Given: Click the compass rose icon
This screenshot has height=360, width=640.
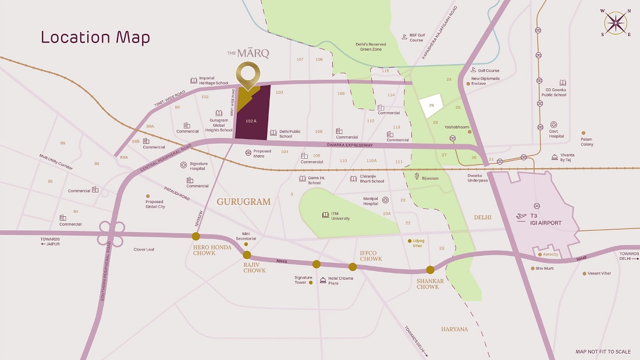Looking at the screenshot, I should point(616,23).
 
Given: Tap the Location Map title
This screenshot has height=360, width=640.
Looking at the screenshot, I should point(95,37).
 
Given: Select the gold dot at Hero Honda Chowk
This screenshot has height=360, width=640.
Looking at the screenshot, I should point(196,236).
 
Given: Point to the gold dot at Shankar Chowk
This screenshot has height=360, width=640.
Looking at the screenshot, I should point(430,269).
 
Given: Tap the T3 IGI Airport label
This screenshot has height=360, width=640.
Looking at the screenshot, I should point(546,219).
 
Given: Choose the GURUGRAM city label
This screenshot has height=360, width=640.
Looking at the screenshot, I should point(244,202).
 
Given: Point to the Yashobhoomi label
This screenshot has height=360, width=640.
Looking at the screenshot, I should point(456,126).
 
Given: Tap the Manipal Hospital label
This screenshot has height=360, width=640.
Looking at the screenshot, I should point(371,201).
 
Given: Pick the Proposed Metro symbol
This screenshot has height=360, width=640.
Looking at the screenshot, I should point(248,152).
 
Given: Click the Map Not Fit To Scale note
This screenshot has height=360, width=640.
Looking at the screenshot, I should point(603,352).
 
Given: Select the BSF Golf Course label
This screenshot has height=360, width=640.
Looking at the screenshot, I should point(416,38).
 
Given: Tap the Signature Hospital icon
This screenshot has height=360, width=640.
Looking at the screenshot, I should point(183,165).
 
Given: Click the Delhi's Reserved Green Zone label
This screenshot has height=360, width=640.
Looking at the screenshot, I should point(369,47).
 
